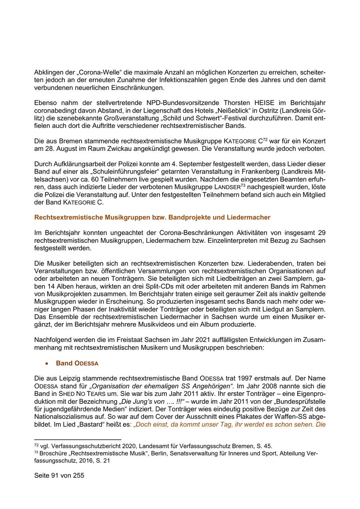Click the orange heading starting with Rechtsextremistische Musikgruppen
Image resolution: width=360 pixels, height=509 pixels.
152,218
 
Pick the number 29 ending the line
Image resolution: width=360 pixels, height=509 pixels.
321,232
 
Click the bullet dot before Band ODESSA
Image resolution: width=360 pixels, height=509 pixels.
47,363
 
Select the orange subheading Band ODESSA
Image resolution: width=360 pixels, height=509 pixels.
77,363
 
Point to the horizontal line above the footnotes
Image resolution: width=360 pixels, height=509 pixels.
78,439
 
